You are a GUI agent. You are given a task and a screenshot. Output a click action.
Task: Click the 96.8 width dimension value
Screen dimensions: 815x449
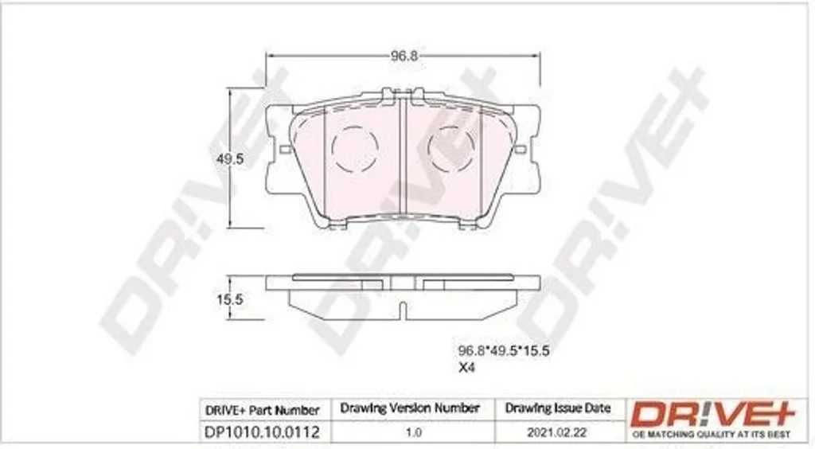[404, 55]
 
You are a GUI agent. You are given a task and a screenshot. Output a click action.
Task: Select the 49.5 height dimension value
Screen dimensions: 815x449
[230, 158]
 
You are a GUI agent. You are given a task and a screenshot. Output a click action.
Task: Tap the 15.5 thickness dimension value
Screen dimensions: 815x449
[230, 299]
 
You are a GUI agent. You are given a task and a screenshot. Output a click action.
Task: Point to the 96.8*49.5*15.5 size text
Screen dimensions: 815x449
[503, 351]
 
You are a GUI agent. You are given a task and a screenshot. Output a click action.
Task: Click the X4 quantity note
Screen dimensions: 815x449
[466, 368]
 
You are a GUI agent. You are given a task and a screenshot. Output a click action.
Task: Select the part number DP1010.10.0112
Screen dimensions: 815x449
[262, 431]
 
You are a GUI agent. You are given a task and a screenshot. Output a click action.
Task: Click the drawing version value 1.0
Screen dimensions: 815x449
[413, 432]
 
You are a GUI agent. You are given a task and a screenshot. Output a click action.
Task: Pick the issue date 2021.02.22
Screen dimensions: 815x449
[556, 432]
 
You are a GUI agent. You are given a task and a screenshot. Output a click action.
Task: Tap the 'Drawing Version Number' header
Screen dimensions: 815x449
[410, 408]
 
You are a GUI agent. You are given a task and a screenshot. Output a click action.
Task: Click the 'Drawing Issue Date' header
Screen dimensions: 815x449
[558, 408]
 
